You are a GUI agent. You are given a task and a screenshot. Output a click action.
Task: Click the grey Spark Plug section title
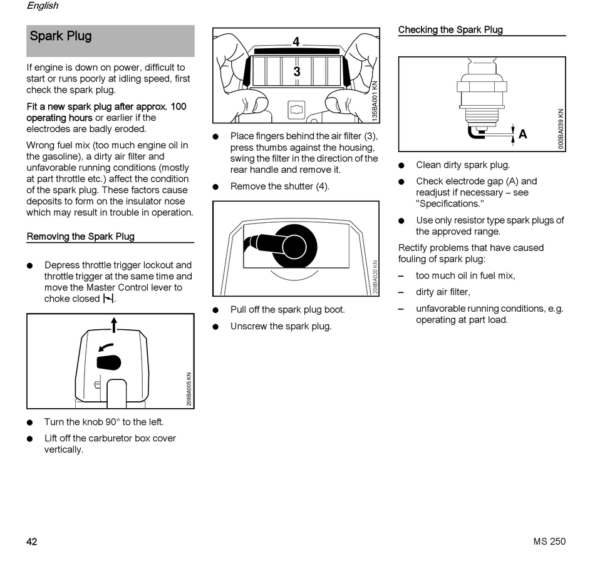pos(61,36)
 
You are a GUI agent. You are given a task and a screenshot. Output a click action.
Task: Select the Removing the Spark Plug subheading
pos(80,237)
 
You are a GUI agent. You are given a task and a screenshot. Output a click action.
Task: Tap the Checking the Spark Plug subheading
pos(450,29)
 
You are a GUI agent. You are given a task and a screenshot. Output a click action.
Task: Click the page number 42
pos(32,541)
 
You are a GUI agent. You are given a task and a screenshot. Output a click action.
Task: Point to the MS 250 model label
pos(549,541)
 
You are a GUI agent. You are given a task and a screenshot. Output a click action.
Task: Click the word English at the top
pos(43,6)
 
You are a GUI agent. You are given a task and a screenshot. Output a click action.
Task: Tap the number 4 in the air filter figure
pos(296,42)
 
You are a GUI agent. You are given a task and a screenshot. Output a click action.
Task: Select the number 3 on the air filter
pos(296,72)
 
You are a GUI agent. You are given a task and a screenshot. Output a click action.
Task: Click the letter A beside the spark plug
pos(522,134)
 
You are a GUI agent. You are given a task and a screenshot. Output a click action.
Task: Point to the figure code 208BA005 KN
pos(189,388)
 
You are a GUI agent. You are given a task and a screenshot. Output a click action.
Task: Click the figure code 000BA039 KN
pos(561,129)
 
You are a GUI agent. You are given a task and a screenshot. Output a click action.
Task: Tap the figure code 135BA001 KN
pos(375,100)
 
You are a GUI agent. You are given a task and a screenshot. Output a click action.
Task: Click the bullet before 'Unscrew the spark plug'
pos(216,327)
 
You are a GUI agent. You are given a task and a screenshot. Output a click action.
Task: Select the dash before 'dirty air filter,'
pos(401,292)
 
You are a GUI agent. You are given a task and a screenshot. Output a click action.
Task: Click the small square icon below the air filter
pos(296,110)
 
